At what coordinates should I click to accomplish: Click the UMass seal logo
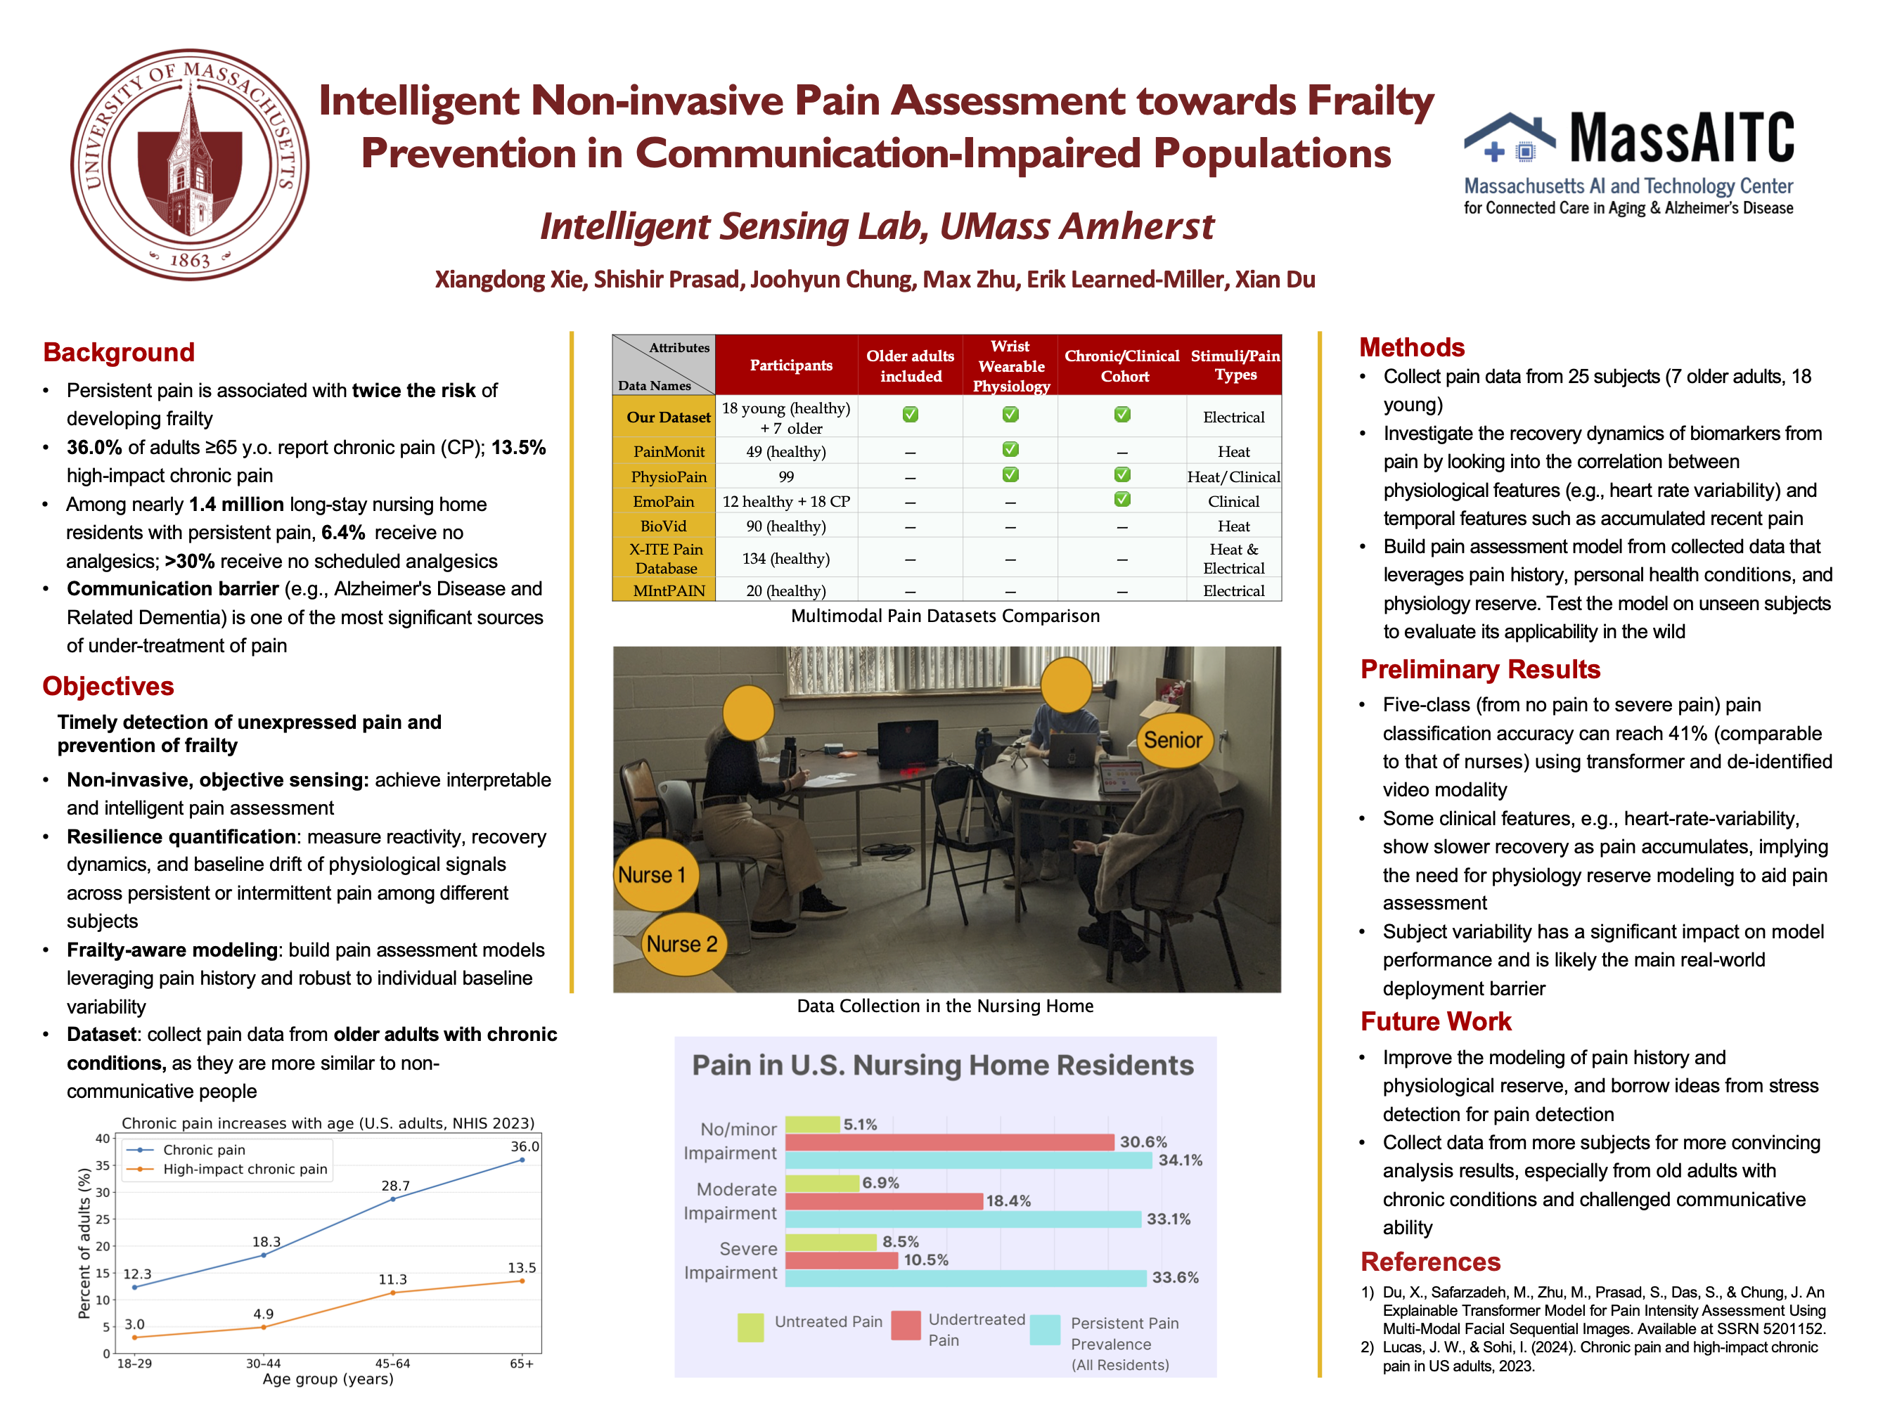[190, 164]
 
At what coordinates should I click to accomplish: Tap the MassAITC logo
[1628, 162]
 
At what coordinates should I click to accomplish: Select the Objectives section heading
[108, 686]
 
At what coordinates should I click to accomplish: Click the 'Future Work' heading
[1436, 1021]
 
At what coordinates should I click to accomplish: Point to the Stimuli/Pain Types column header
[1235, 365]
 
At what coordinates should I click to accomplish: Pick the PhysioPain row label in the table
[668, 477]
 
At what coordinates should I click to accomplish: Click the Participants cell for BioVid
[785, 526]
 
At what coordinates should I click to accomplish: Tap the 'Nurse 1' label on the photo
[652, 874]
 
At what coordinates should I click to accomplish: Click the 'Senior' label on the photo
[1172, 739]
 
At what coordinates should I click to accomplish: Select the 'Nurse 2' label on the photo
[682, 944]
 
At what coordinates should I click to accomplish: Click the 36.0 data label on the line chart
[525, 1146]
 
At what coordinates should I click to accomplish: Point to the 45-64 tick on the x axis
[393, 1363]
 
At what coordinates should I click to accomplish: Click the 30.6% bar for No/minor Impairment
[949, 1142]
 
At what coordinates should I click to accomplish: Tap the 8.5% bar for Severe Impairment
[830, 1242]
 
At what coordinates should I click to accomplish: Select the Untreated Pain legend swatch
[750, 1326]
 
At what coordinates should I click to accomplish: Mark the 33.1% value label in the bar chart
[1168, 1219]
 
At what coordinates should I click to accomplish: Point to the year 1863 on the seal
[190, 259]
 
